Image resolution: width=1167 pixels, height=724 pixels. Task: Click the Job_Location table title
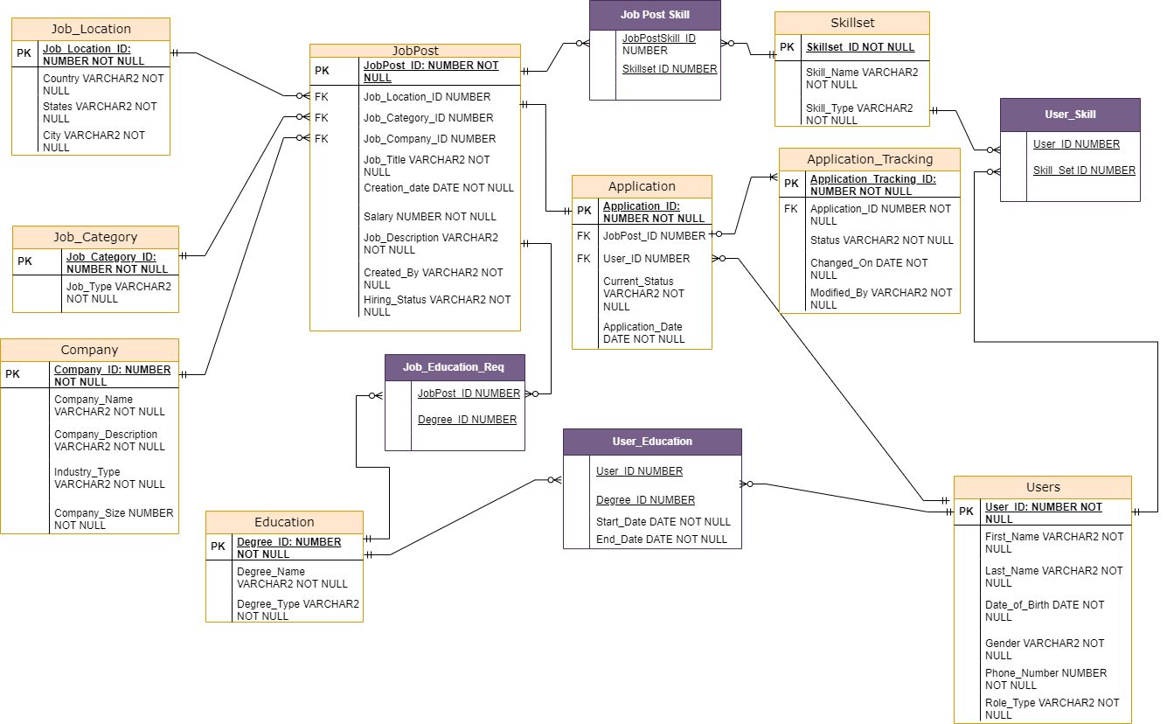coord(91,29)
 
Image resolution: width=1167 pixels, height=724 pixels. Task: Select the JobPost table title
coord(415,51)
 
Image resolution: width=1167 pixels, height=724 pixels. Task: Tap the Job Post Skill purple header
coord(655,15)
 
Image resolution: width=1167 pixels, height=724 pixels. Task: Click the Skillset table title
coord(851,23)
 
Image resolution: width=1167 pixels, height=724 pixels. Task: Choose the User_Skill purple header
coord(1070,115)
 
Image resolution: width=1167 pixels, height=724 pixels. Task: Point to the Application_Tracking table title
coord(869,159)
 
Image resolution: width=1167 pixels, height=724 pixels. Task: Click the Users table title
coord(1042,487)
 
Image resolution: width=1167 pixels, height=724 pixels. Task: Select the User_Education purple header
coord(651,442)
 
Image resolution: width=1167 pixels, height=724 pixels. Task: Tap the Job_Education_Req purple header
coord(454,366)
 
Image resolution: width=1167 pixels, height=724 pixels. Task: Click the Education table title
coord(284,522)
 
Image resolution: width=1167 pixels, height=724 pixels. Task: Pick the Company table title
coord(89,350)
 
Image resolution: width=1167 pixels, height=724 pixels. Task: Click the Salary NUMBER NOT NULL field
coord(429,217)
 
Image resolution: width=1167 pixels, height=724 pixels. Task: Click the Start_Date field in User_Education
coord(663,522)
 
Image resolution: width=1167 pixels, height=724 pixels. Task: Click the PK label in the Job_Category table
coord(24,261)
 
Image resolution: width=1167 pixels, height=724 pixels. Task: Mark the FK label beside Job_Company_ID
coord(322,139)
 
